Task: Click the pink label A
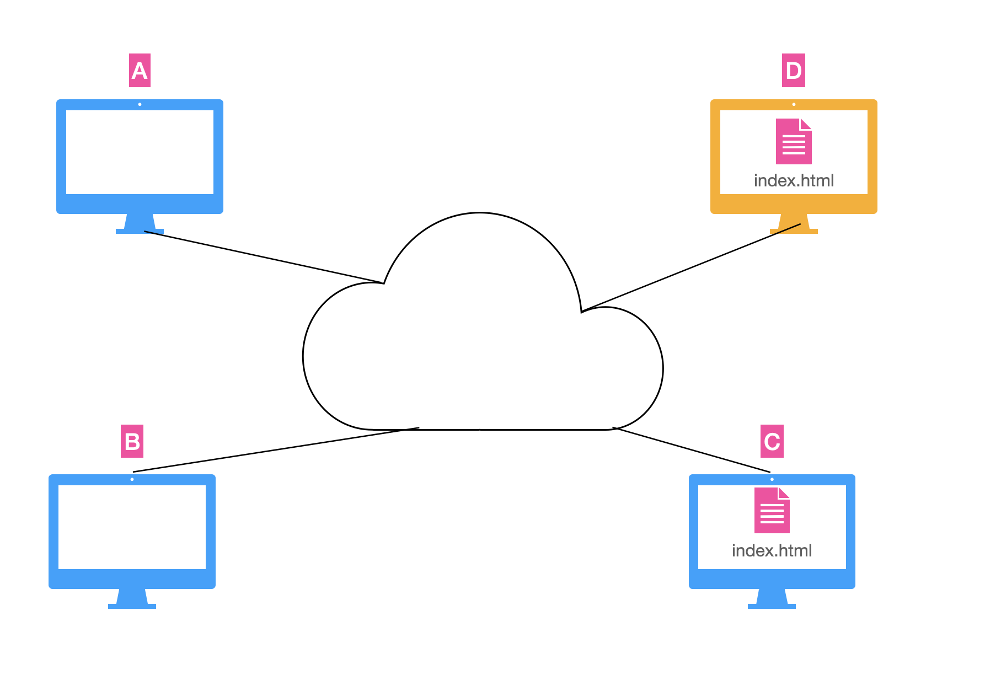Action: [140, 70]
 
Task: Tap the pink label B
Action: [132, 441]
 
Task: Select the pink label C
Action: [772, 441]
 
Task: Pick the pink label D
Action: [794, 70]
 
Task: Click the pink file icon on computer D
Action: [794, 141]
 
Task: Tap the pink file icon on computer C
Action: [772, 510]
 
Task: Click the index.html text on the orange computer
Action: [794, 180]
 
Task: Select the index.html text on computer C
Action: [772, 550]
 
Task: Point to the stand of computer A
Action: [140, 224]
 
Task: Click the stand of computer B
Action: [132, 599]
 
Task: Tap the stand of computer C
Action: [772, 599]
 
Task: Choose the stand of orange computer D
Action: [794, 224]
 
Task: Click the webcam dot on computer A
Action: [140, 104]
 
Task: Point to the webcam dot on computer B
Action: [132, 479]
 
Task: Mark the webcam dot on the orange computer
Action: [794, 104]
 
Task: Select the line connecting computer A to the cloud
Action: [264, 257]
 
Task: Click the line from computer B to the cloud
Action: [276, 449]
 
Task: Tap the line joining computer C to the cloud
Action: [692, 449]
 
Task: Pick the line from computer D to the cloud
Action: [690, 268]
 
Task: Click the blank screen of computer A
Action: [140, 152]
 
